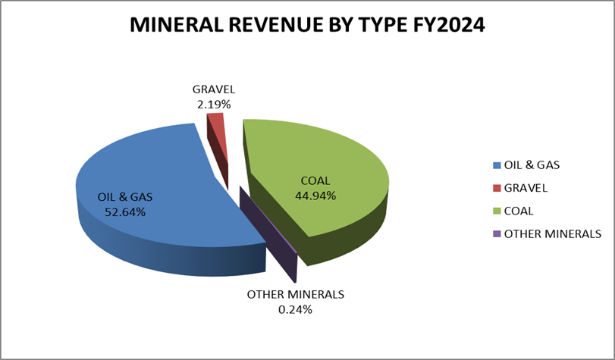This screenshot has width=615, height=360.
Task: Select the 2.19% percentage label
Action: (213, 105)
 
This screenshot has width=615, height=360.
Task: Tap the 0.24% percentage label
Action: (295, 308)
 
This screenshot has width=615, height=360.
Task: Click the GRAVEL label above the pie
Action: (213, 90)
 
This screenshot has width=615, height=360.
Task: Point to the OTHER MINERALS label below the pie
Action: (296, 294)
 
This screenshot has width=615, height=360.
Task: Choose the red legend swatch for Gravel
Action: (497, 188)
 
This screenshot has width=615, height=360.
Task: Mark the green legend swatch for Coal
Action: (497, 211)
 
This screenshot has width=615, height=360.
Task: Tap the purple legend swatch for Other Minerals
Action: (497, 233)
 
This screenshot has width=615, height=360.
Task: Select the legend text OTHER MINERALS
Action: (552, 233)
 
